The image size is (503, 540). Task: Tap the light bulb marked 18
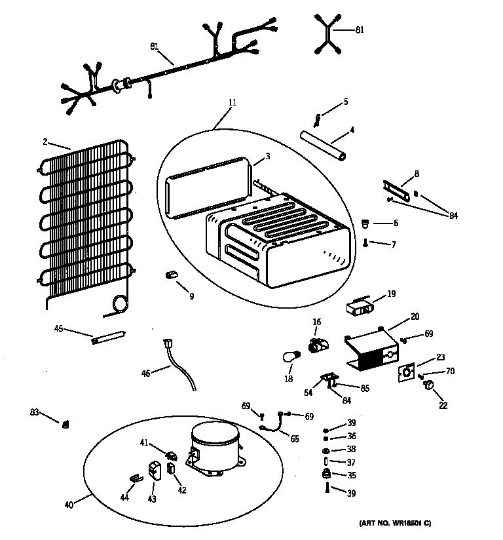[289, 357]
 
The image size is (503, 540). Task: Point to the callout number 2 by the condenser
[45, 141]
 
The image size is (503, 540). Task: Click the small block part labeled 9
[173, 275]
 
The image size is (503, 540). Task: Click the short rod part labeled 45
[108, 337]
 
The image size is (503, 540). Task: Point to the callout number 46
[145, 373]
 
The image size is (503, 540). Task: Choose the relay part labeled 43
[155, 470]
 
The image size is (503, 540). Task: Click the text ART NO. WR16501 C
[395, 523]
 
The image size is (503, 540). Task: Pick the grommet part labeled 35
[326, 474]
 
